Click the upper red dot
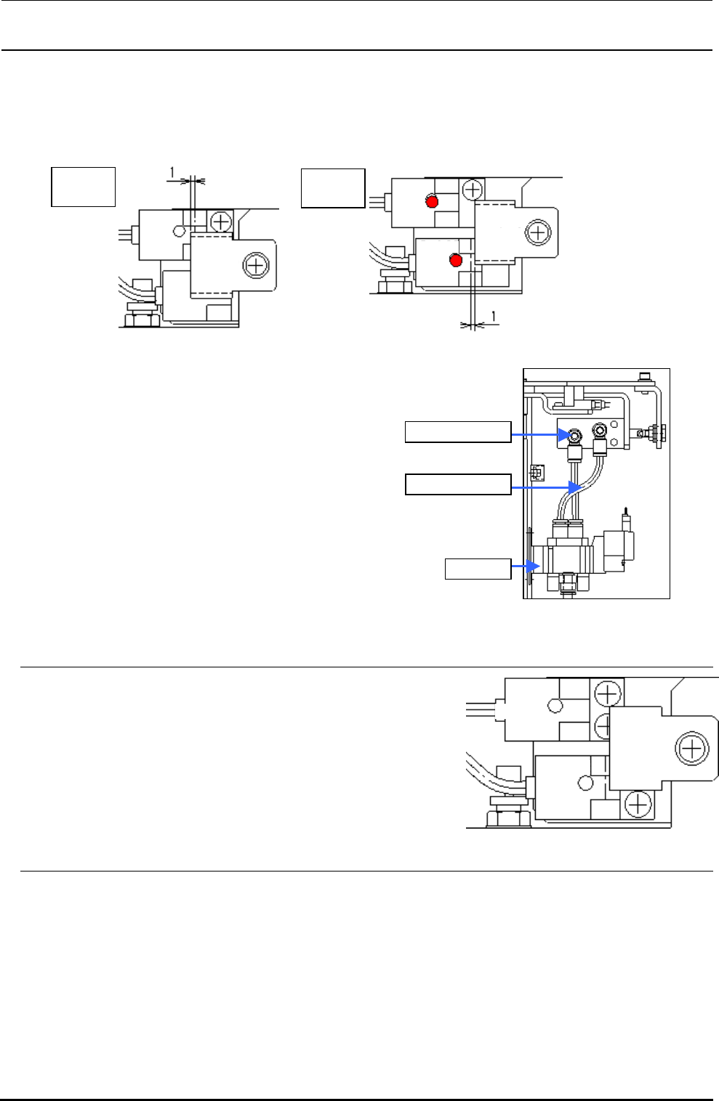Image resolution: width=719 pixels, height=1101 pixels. [x=432, y=201]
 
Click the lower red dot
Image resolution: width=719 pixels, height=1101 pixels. [x=456, y=260]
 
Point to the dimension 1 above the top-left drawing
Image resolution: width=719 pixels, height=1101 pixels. [x=172, y=171]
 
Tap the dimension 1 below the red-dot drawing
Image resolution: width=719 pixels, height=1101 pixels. [x=494, y=316]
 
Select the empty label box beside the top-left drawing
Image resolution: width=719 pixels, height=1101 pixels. [x=84, y=187]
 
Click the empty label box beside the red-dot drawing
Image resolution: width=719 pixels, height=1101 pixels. [x=334, y=188]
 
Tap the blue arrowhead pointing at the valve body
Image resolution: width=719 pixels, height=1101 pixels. [x=537, y=567]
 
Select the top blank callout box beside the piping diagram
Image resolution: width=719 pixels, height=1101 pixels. [x=458, y=431]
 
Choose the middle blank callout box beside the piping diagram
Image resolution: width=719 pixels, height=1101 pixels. [x=458, y=484]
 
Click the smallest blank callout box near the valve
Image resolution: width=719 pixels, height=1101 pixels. [x=478, y=569]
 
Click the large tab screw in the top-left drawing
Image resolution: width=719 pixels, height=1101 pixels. [x=256, y=265]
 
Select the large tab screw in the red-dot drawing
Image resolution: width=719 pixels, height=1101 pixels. [x=537, y=232]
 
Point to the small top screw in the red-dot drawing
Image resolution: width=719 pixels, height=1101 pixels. [x=473, y=190]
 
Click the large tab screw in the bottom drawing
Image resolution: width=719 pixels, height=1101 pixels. [x=691, y=748]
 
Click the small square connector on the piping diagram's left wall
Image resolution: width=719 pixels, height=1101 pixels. [x=537, y=473]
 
